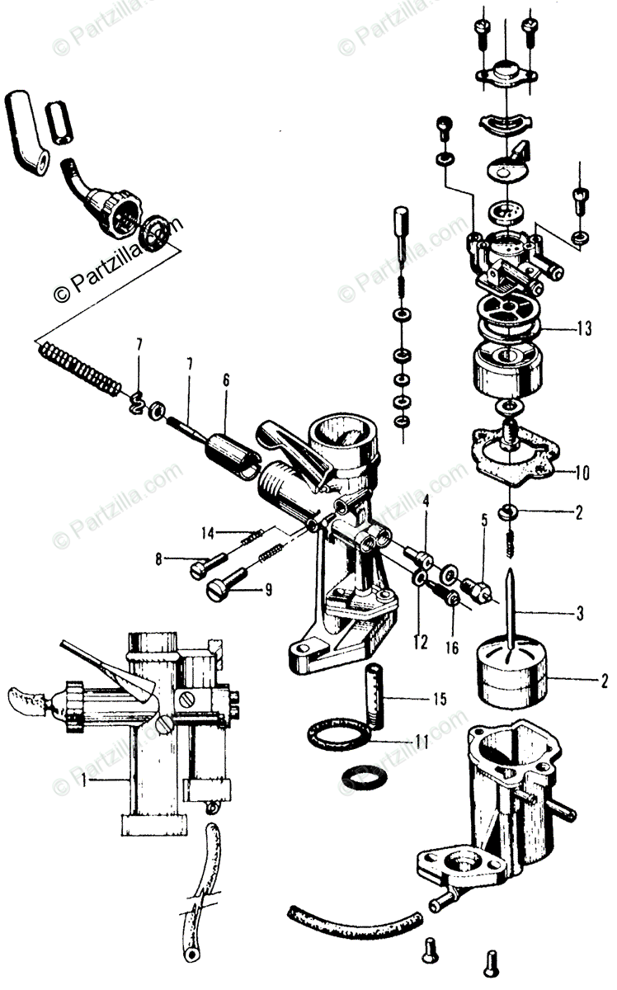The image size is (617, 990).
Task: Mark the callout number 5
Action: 485,519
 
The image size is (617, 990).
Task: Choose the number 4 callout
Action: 426,500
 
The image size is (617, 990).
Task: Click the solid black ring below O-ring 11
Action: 361,777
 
